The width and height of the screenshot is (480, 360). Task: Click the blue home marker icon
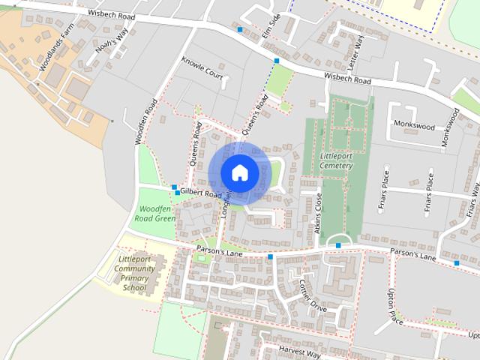click(239, 172)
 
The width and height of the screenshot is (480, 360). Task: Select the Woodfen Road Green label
click(154, 212)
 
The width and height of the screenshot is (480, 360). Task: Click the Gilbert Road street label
click(202, 193)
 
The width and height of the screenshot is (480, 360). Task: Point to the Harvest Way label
click(299, 352)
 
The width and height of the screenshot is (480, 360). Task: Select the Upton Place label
click(395, 307)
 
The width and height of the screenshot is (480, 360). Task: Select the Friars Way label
click(472, 198)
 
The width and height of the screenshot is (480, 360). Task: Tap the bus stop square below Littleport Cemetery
click(339, 245)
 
